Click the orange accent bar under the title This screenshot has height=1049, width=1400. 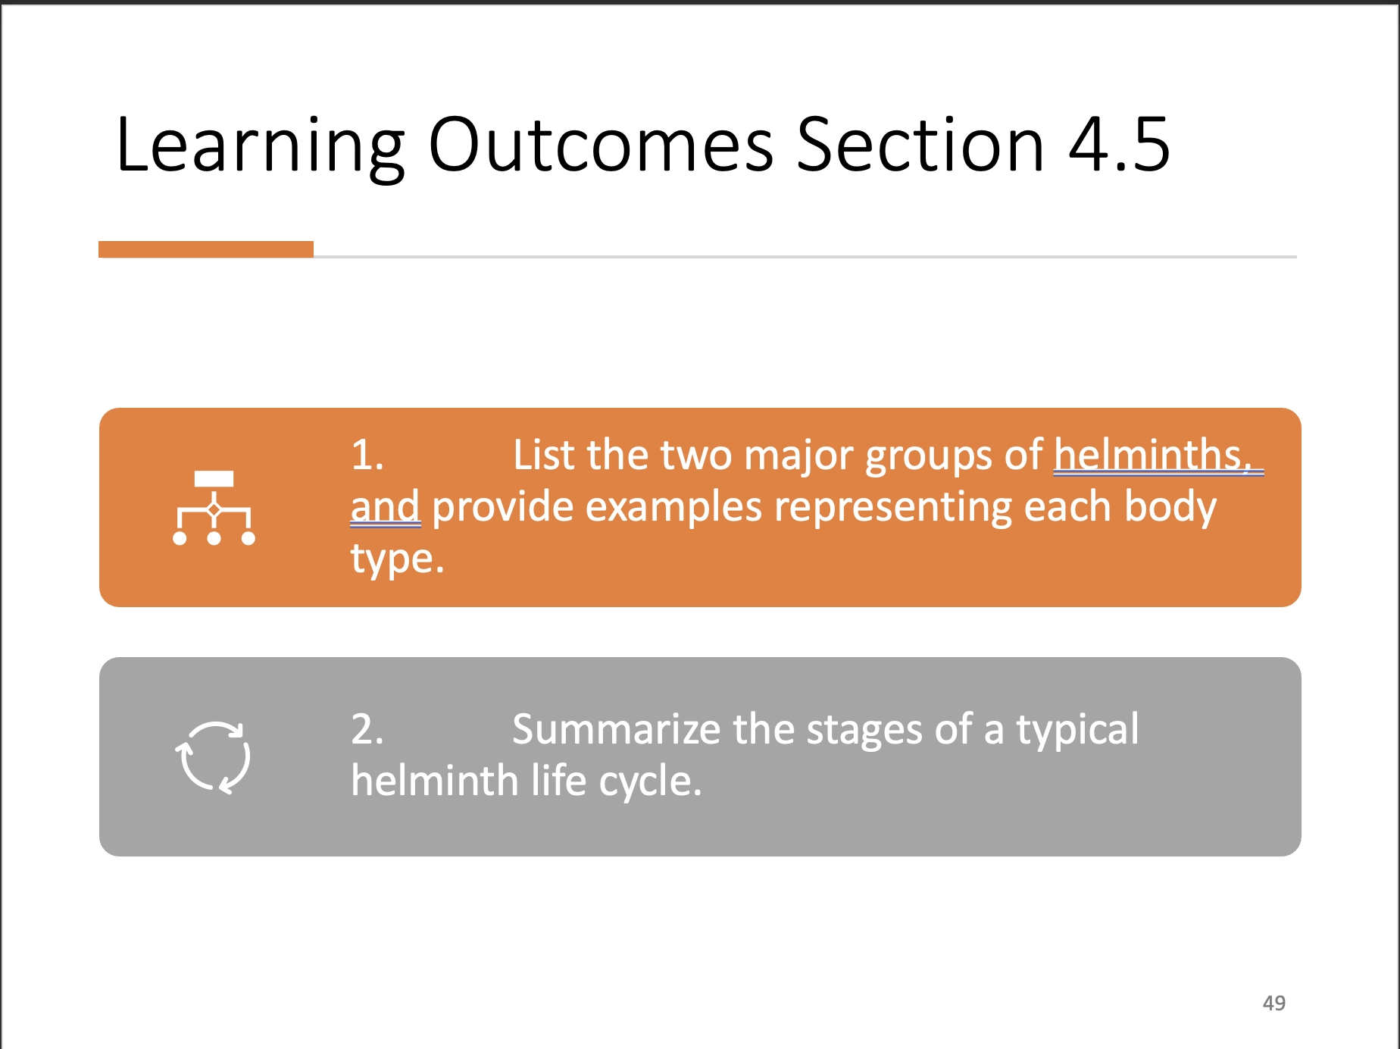point(205,249)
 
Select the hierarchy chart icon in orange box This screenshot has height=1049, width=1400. point(214,508)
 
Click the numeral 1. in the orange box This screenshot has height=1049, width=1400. point(367,456)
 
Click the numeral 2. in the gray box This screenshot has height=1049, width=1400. point(367,729)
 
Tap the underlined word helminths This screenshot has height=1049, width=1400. point(1151,456)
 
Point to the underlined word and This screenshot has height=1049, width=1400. point(385,506)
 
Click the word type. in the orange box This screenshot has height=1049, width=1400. point(397,559)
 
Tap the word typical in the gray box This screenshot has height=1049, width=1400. point(1077,729)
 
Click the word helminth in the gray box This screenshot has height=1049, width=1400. point(433,781)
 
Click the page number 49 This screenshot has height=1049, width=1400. point(1273,1003)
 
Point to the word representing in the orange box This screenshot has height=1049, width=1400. point(892,506)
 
